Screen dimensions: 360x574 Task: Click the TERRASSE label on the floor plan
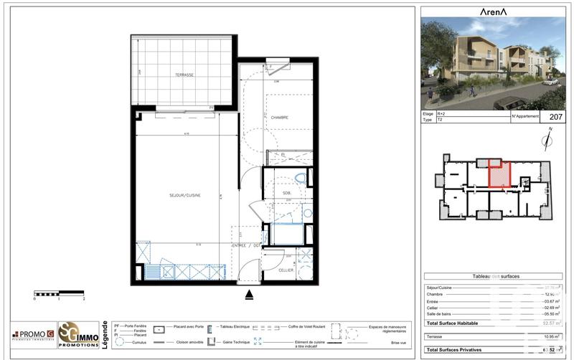pyautogui.click(x=184, y=75)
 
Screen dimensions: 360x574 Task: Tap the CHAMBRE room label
pyautogui.click(x=279, y=118)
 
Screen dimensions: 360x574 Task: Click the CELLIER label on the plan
pyautogui.click(x=286, y=270)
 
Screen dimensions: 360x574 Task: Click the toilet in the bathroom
pyautogui.click(x=301, y=178)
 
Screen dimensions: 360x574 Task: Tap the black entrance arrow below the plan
pyautogui.click(x=249, y=293)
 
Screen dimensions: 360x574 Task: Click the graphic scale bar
pyautogui.click(x=59, y=293)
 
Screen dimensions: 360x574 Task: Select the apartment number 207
pyautogui.click(x=555, y=116)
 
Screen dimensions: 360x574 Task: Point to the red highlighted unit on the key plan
pyautogui.click(x=499, y=175)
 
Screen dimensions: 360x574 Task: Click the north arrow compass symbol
pyautogui.click(x=550, y=138)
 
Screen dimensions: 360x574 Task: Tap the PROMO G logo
pyautogui.click(x=33, y=333)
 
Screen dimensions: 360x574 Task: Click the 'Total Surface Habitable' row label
pyautogui.click(x=455, y=324)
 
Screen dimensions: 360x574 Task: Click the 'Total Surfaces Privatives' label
pyautogui.click(x=457, y=349)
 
